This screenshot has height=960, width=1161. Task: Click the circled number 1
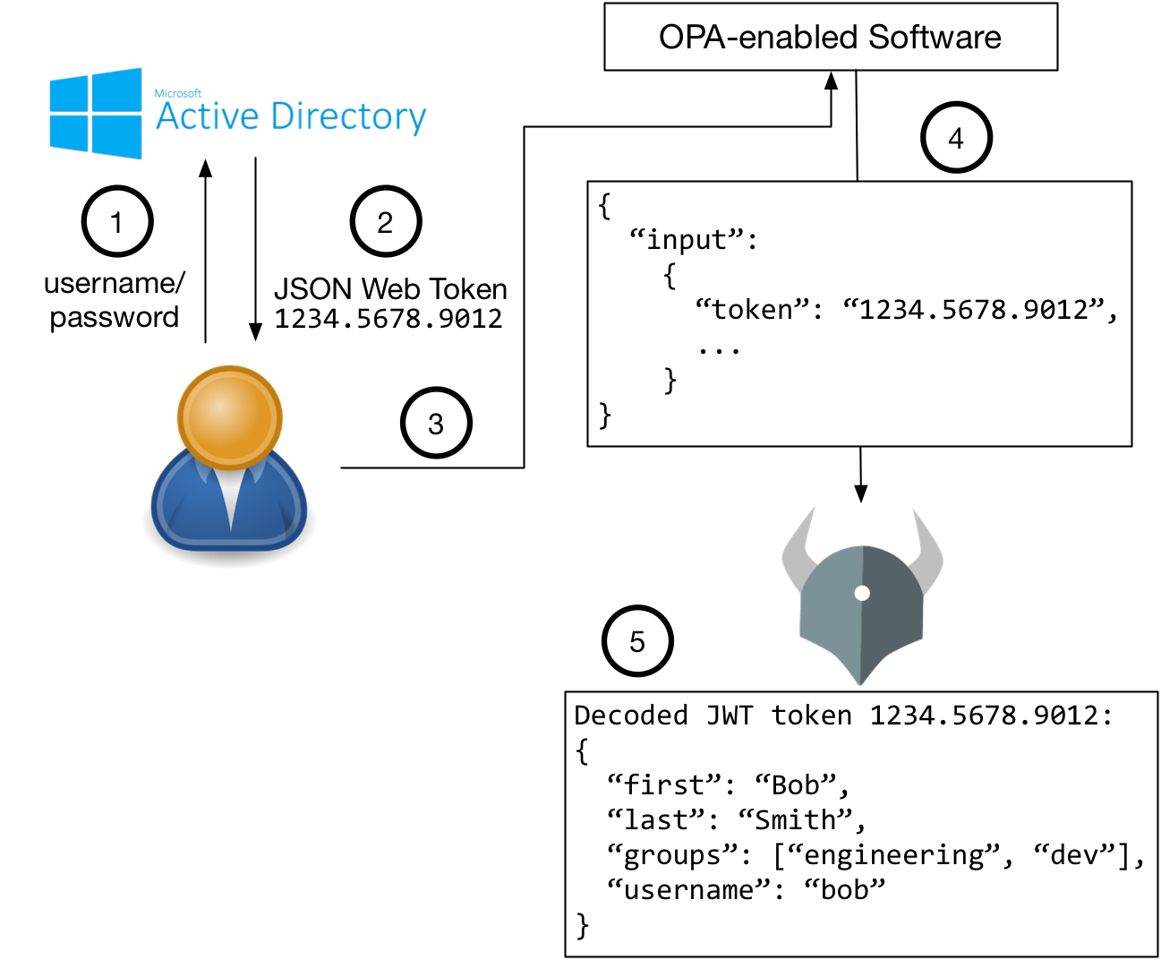click(x=117, y=221)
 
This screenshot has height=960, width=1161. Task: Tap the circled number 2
click(x=386, y=221)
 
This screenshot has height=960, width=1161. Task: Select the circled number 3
click(x=436, y=423)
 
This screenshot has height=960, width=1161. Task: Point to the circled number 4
click(x=956, y=138)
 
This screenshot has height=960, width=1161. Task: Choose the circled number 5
click(x=637, y=641)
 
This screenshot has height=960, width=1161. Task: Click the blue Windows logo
click(x=96, y=114)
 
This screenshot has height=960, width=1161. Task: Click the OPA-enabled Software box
click(x=831, y=37)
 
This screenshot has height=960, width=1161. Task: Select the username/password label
click(x=114, y=300)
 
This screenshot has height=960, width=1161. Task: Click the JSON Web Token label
click(x=390, y=289)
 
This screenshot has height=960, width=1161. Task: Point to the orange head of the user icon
click(x=230, y=416)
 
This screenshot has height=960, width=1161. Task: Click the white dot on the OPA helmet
click(x=862, y=593)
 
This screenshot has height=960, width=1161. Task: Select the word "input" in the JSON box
click(x=687, y=240)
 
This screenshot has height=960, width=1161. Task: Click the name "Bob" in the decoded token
click(x=796, y=785)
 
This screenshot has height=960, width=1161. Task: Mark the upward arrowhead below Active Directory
click(x=206, y=168)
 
